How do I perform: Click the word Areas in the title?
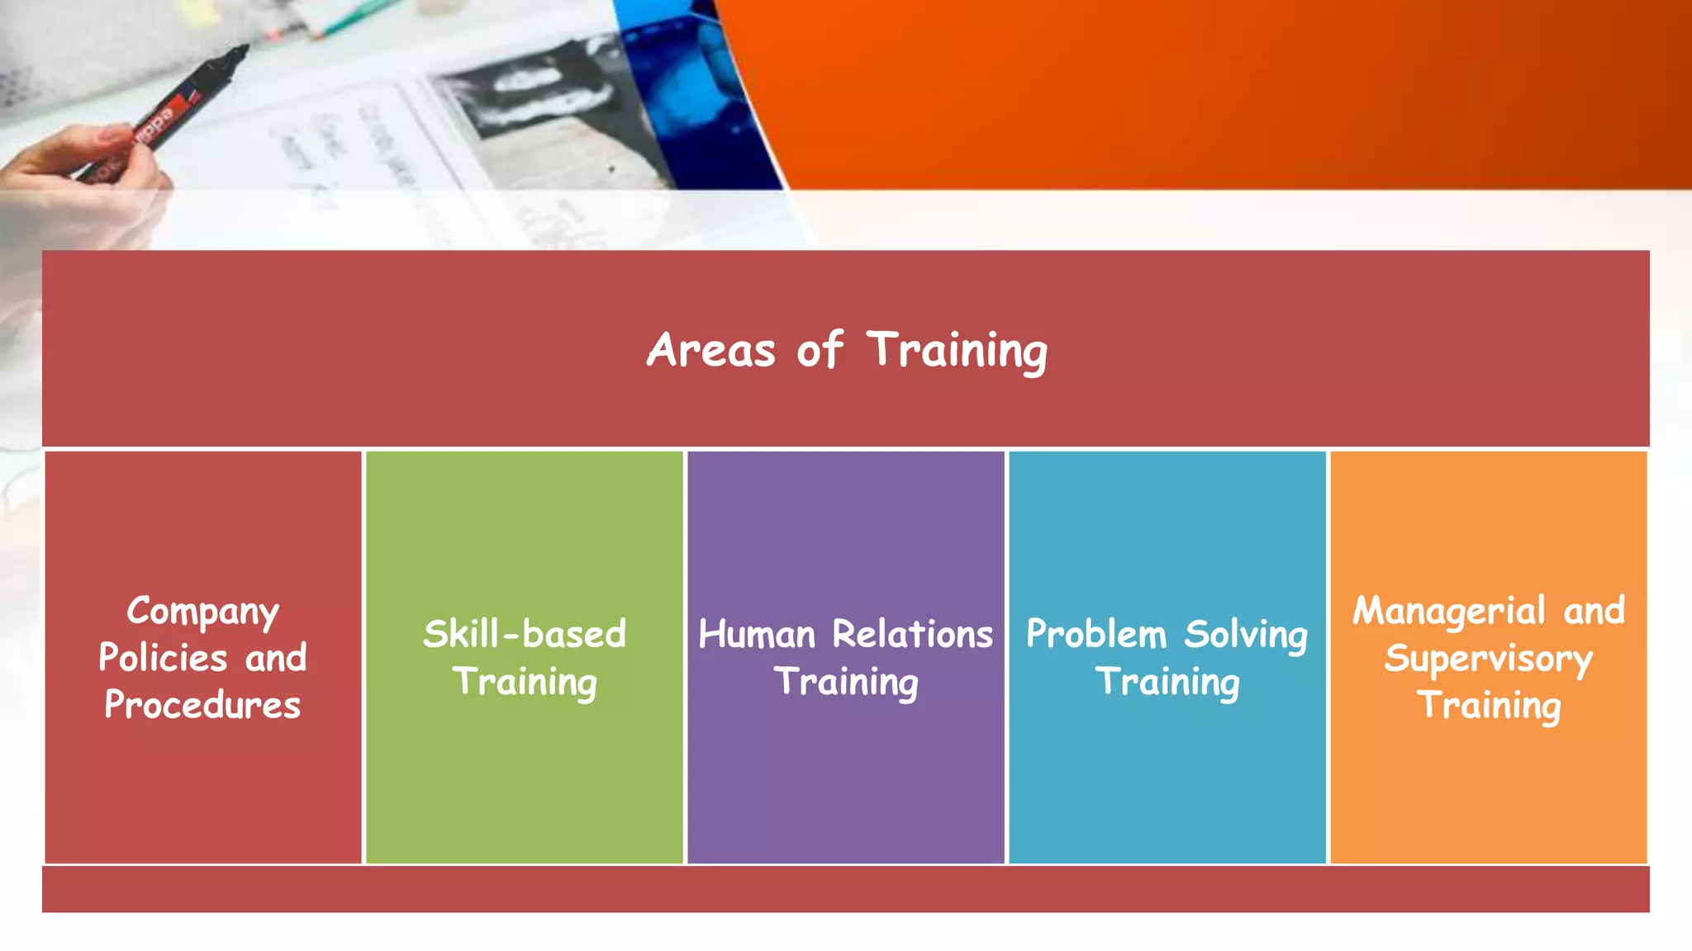click(711, 350)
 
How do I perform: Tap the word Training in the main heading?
click(957, 350)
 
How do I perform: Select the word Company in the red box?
click(203, 612)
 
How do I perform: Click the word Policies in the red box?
click(163, 658)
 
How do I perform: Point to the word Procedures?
click(202, 705)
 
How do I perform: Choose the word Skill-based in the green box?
click(525, 634)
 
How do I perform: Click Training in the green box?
click(525, 682)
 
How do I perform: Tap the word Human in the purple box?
click(758, 634)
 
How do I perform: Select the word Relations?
click(912, 634)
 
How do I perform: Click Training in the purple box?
click(846, 682)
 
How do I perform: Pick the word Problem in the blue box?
click(1096, 634)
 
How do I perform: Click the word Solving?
click(1246, 634)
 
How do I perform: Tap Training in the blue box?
click(1167, 682)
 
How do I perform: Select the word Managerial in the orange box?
click(1448, 612)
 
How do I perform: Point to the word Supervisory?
click(1488, 659)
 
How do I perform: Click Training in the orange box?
click(1489, 706)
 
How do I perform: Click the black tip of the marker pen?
click(236, 54)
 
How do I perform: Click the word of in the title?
click(820, 350)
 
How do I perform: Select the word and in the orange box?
click(1594, 611)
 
